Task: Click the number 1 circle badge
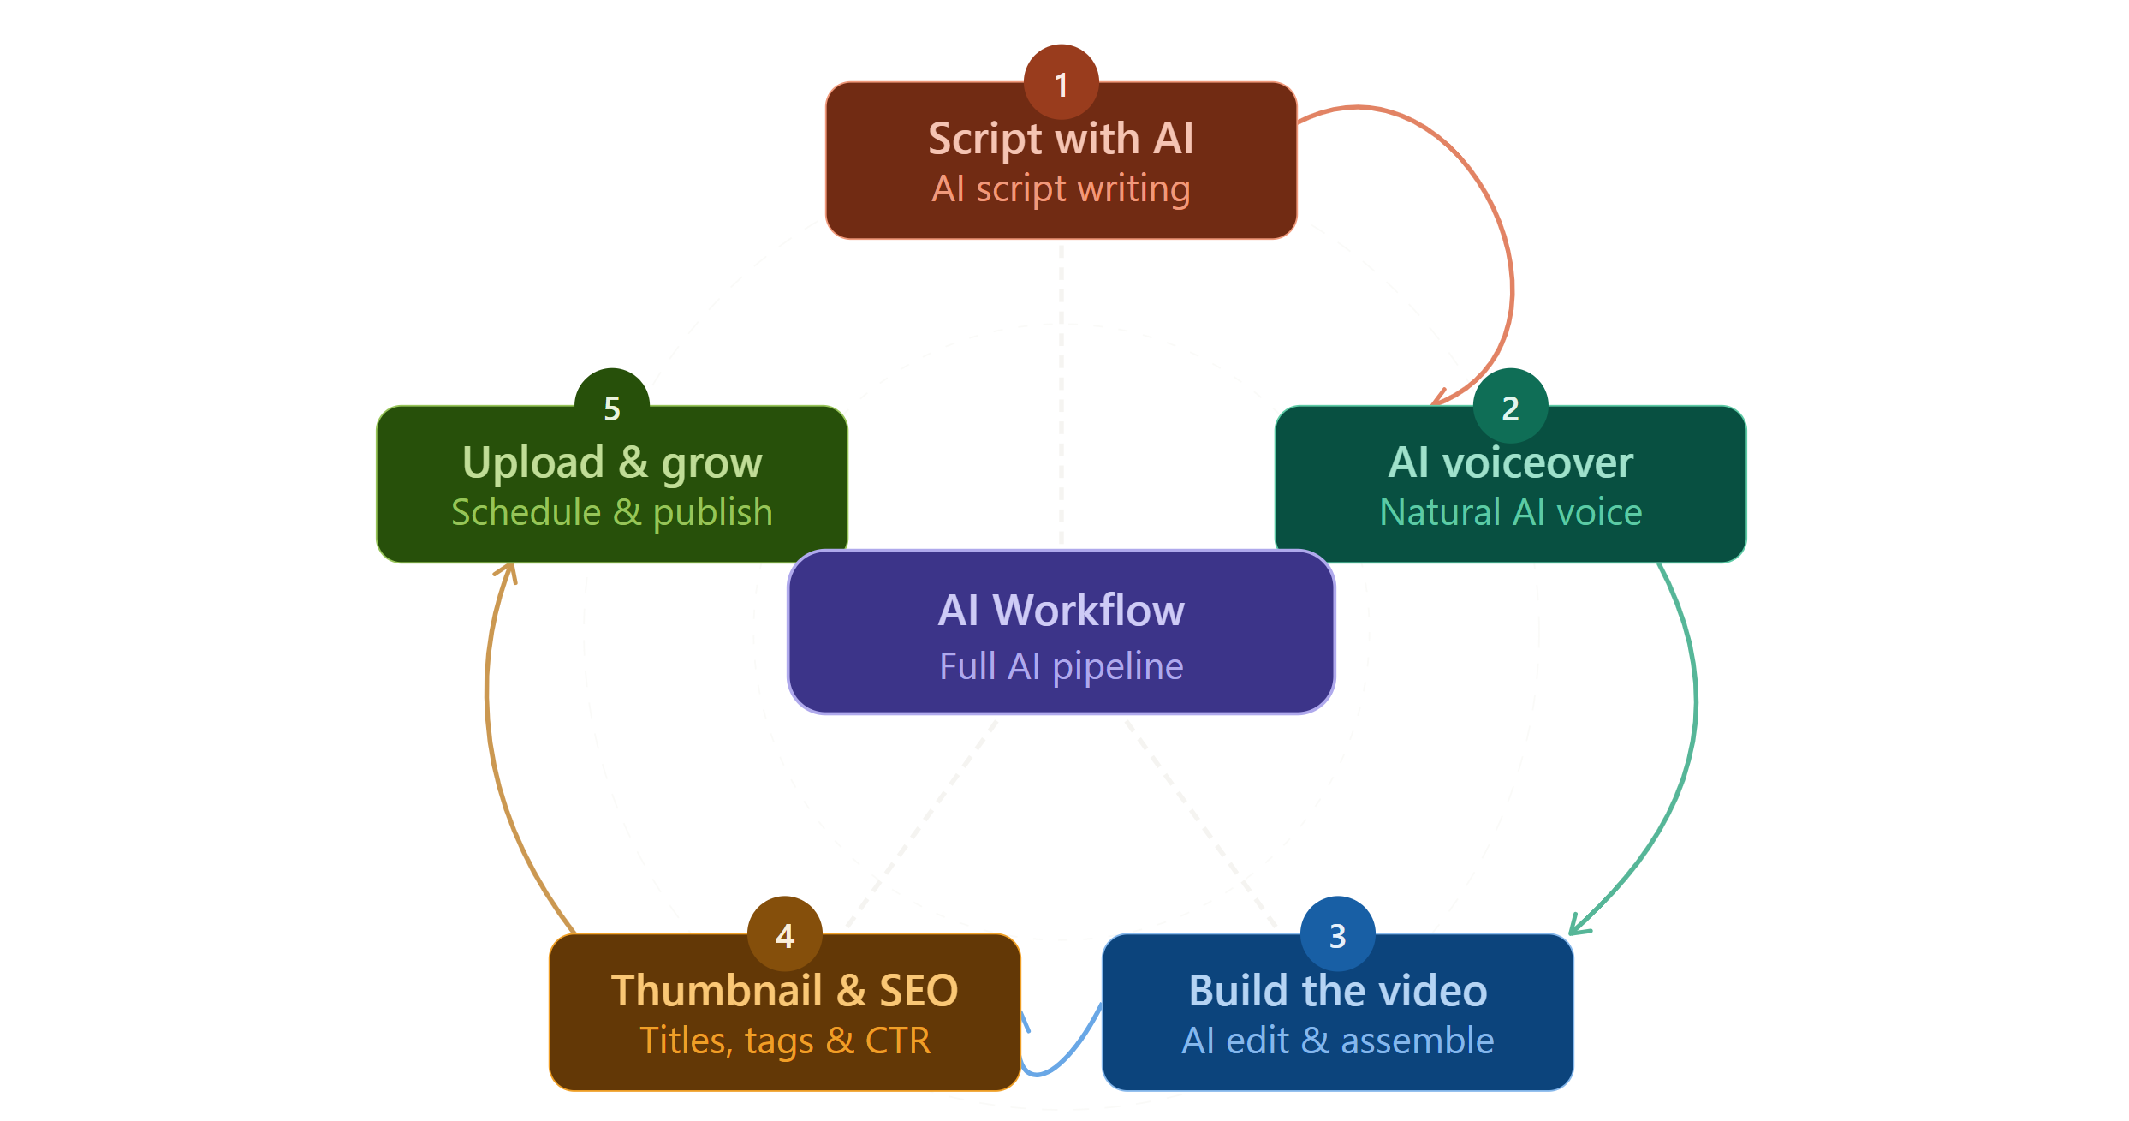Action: (x=1061, y=82)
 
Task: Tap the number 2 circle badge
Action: (x=1510, y=407)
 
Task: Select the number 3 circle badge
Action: (x=1337, y=934)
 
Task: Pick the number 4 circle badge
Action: (x=784, y=934)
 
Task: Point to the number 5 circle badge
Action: (x=611, y=407)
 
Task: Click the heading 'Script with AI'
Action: (x=1061, y=139)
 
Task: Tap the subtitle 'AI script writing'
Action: (x=1061, y=189)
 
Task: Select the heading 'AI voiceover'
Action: (x=1510, y=462)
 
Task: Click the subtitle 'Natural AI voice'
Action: (x=1510, y=512)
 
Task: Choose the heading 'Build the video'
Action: (x=1337, y=991)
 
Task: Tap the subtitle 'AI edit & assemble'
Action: (x=1337, y=1041)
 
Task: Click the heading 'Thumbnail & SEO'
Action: (x=784, y=991)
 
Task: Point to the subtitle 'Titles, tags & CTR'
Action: (x=784, y=1041)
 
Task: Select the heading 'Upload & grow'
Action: (x=611, y=462)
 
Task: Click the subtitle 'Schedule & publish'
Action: (x=611, y=512)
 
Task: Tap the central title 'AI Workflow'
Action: (x=1061, y=611)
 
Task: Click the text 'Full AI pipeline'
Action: (x=1061, y=666)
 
